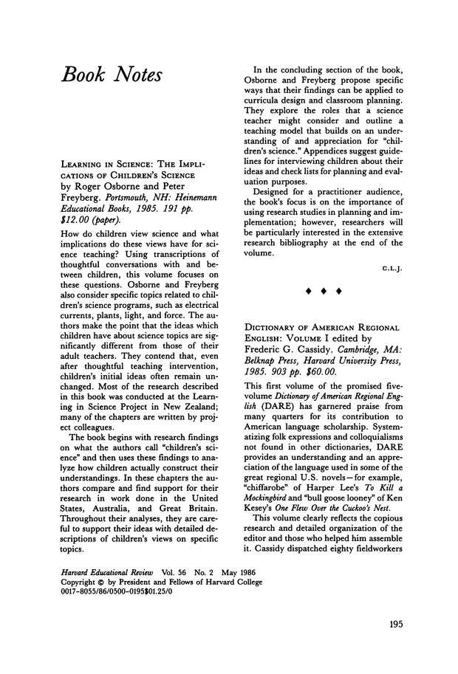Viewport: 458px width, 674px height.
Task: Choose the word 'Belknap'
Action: pos(266,360)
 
